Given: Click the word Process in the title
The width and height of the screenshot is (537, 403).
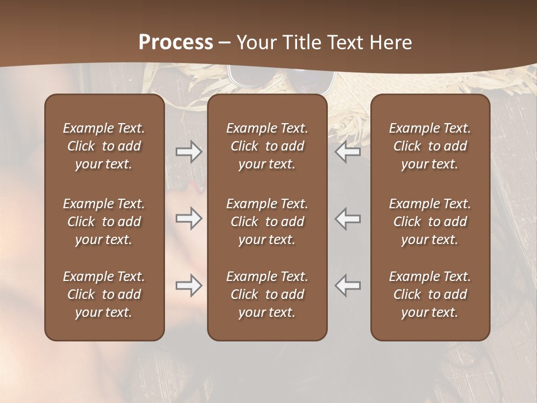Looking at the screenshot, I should [x=176, y=43].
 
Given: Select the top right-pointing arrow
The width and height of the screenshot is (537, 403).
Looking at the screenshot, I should [x=189, y=151].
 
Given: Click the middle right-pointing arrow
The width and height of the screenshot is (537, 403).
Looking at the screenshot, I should [x=189, y=218].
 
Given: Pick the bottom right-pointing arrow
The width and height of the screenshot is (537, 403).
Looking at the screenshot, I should [x=189, y=285].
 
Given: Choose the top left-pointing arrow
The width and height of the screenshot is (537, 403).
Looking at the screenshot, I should [x=348, y=151].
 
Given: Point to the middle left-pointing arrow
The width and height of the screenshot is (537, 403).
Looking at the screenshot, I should [x=348, y=218].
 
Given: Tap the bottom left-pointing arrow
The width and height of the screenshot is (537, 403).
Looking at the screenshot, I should [x=348, y=285].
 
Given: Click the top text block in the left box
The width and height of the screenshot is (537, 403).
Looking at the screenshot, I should [x=104, y=146].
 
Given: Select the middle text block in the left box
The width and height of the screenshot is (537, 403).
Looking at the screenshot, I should [x=104, y=222].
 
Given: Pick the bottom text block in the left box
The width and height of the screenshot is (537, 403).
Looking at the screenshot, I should [x=104, y=294].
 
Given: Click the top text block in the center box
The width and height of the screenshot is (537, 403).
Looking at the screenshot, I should [x=267, y=146].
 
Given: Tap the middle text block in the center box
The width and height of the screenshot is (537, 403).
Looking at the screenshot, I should [x=267, y=222].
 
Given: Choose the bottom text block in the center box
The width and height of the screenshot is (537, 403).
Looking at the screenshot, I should [x=267, y=294].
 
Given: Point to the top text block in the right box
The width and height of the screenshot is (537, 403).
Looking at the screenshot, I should [x=430, y=146].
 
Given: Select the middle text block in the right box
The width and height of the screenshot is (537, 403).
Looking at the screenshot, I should [x=430, y=222].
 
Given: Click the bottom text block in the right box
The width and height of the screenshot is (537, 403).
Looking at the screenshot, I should [x=430, y=294].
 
